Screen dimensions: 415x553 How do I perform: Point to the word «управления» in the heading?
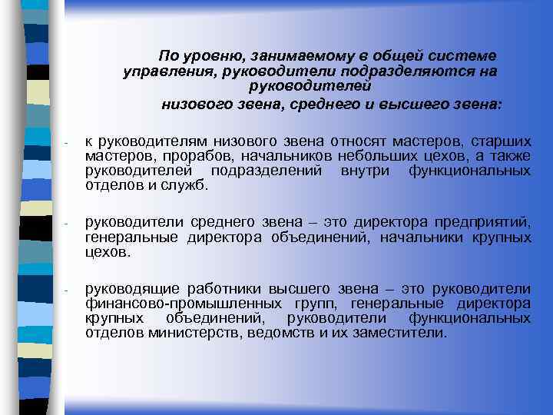pyautogui.click(x=168, y=71)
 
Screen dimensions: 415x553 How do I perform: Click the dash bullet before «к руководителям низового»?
pyautogui.click(x=68, y=143)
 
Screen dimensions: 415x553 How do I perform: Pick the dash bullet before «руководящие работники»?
pyautogui.click(x=68, y=290)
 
